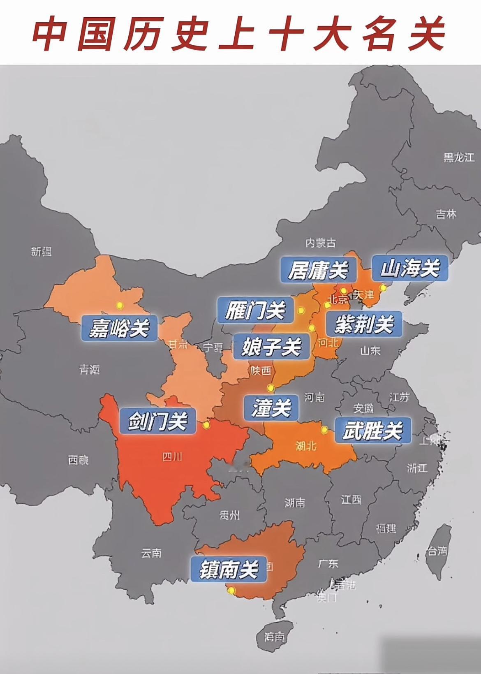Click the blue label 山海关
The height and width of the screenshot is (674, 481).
409,269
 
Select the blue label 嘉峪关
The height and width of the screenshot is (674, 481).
119,328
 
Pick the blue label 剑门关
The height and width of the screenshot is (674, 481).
157,421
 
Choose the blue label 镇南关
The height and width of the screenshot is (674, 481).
229,570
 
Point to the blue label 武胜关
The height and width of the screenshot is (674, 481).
372,431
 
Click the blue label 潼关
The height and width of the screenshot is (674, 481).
271,408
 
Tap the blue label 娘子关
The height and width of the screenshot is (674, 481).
272,346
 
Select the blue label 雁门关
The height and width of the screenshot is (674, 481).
255,310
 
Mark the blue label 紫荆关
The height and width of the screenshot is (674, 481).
364,324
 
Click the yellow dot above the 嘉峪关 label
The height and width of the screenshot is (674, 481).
120,305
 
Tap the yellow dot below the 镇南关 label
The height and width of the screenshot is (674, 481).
231,591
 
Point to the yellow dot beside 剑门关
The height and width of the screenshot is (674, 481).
206,425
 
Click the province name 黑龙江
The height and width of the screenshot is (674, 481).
458,157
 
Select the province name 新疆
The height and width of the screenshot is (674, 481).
42,251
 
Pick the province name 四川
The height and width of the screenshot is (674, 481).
172,456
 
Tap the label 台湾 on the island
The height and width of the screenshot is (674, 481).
437,551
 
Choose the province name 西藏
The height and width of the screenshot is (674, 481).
78,460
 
